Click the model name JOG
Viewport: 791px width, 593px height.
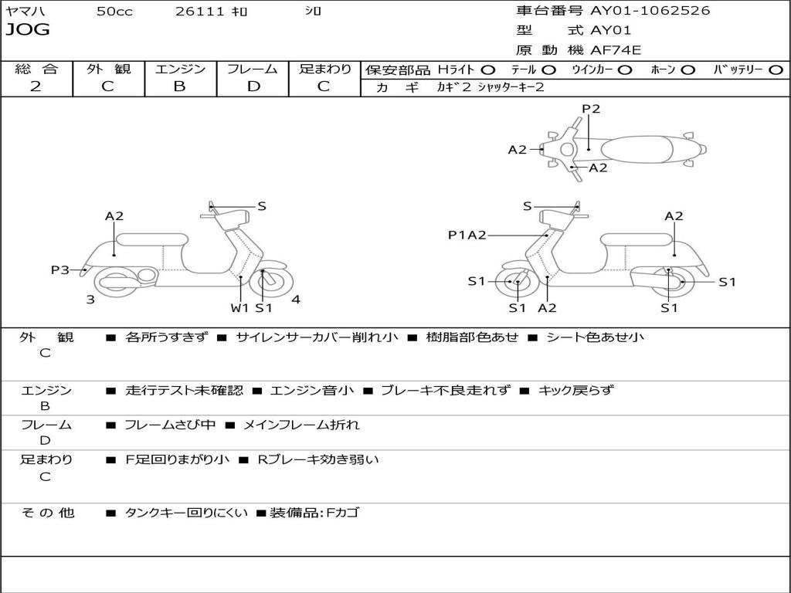[x=28, y=30]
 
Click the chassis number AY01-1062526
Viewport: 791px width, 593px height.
[x=650, y=11]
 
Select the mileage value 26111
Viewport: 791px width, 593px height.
[x=200, y=12]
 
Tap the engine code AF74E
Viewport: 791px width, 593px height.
[x=616, y=51]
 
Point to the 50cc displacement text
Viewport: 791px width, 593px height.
[x=114, y=12]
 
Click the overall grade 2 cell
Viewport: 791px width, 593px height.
[x=36, y=86]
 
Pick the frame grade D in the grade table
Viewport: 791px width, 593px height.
[x=253, y=86]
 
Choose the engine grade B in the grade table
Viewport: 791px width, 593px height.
[x=179, y=86]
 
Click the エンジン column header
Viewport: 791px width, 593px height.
[x=180, y=69]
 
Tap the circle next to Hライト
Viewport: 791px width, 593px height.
[x=487, y=69]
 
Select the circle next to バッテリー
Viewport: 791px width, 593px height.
[x=776, y=69]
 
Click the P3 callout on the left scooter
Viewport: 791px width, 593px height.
[x=60, y=269]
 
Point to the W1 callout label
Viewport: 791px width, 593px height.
[x=239, y=307]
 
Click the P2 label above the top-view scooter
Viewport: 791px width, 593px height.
[x=591, y=109]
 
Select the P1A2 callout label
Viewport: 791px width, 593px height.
[x=467, y=235]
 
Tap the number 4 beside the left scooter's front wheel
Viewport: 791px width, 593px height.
[x=296, y=300]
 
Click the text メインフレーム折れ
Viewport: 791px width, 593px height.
[x=301, y=425]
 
